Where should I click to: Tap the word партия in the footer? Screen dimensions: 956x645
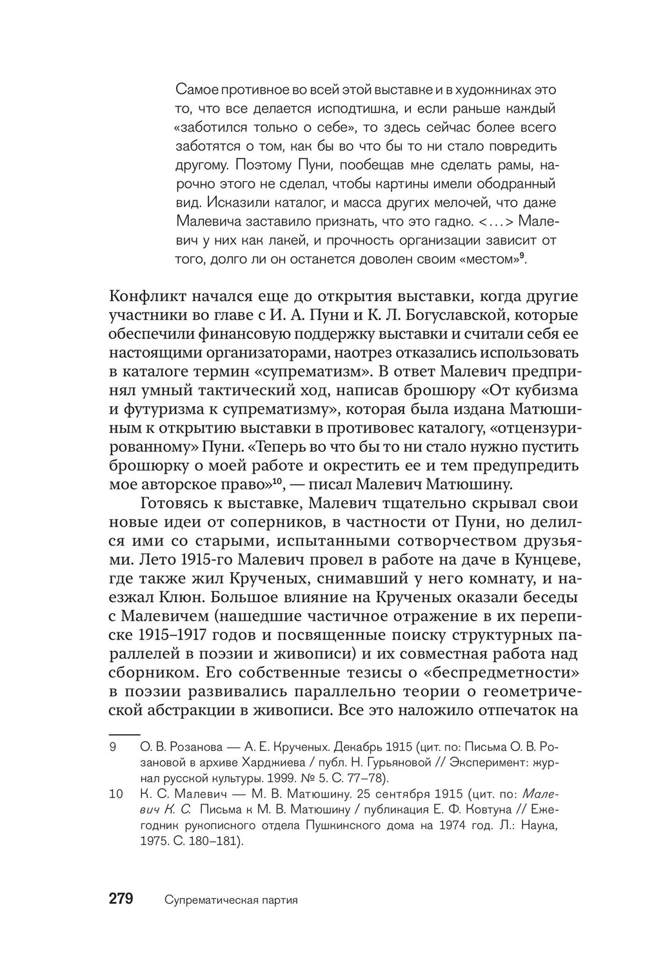point(277,900)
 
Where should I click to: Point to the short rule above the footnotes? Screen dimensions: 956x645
point(124,734)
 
